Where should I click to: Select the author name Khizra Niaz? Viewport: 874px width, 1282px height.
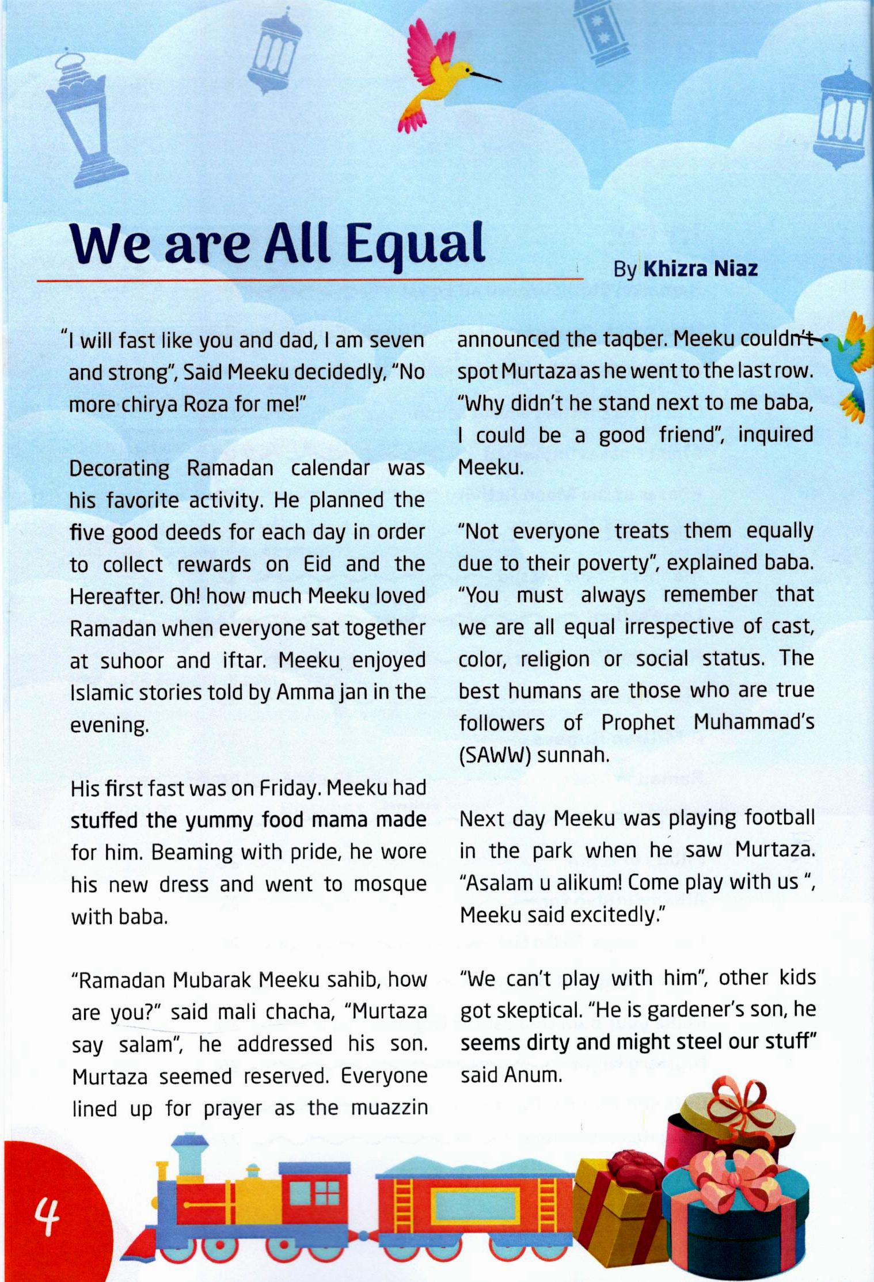(x=700, y=269)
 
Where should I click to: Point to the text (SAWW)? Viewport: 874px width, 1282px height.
(x=494, y=755)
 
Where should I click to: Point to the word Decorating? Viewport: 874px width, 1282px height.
(x=119, y=468)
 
